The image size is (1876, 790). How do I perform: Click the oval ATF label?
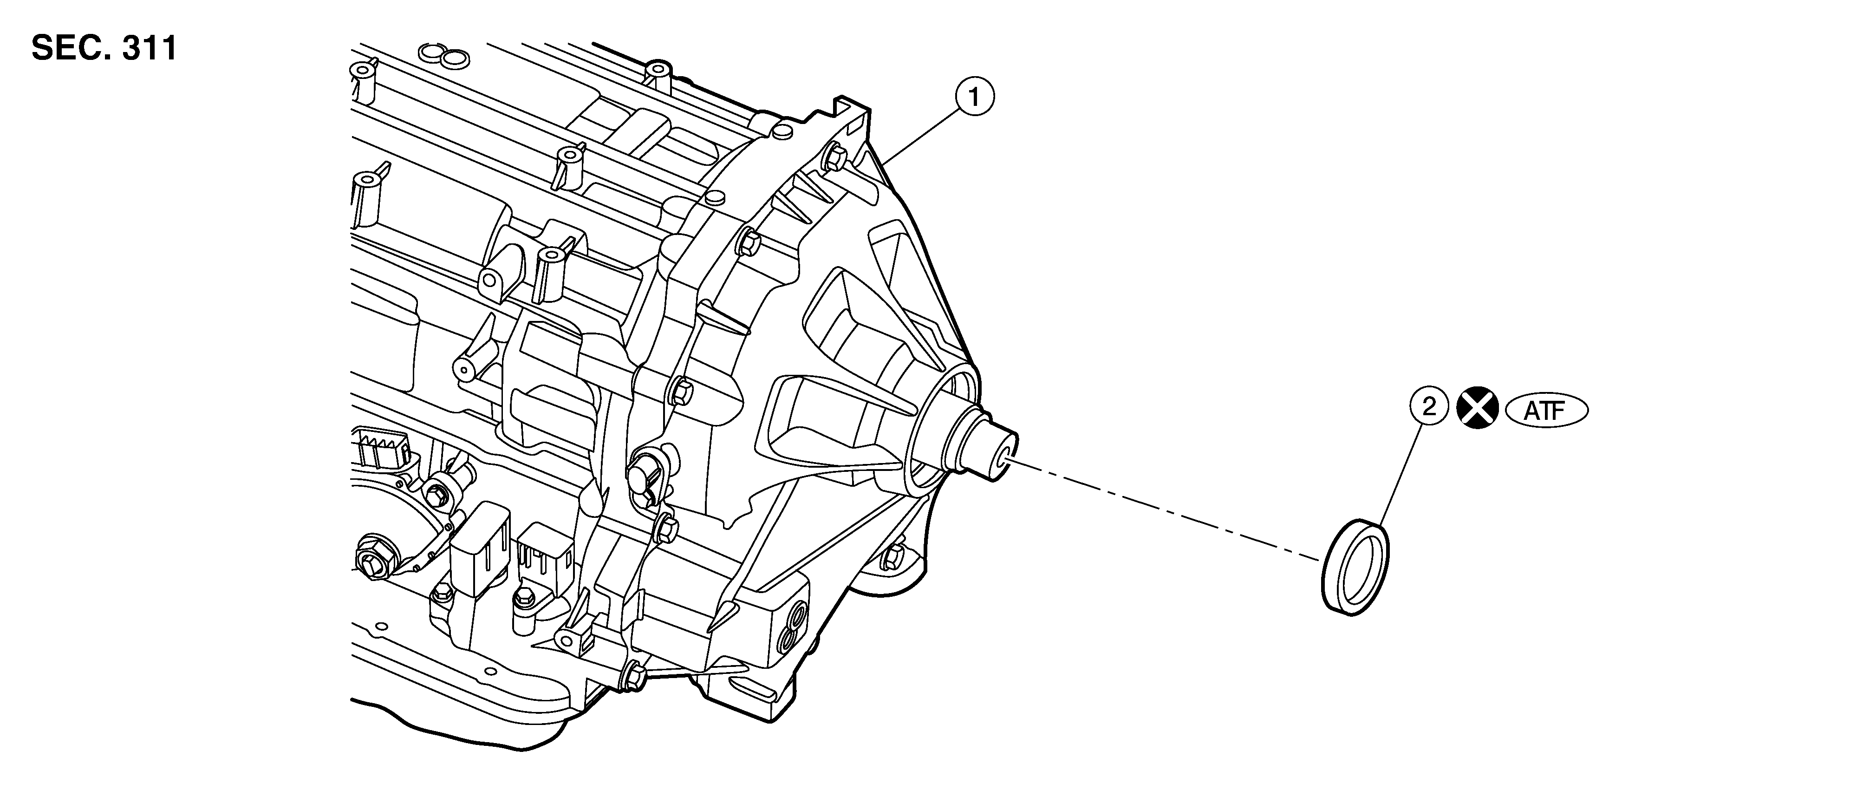(1545, 411)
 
